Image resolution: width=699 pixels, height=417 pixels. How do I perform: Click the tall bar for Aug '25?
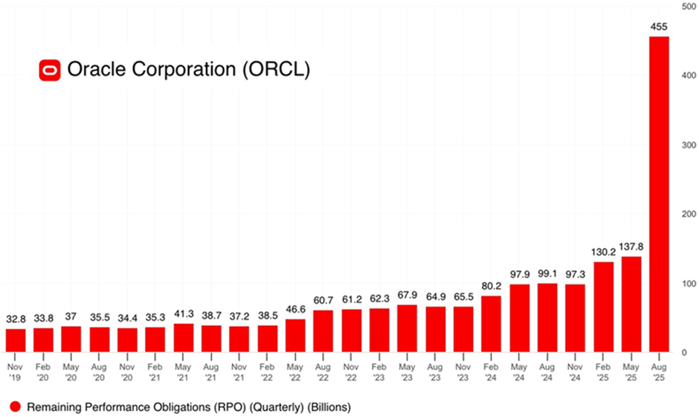659,194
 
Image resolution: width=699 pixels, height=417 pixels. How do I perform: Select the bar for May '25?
631,304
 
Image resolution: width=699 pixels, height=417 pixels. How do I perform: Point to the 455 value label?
659,27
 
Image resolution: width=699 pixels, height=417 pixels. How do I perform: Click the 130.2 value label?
602,251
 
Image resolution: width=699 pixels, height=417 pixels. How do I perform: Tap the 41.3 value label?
184,313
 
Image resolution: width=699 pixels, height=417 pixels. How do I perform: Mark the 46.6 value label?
296,309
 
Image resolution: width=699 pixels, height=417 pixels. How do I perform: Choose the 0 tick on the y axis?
684,352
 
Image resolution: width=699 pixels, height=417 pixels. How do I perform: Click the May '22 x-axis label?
296,371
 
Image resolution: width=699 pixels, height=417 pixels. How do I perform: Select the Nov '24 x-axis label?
575,371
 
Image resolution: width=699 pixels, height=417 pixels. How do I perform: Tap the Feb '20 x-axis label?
43,371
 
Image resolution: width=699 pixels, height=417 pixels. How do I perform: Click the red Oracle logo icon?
50,69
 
